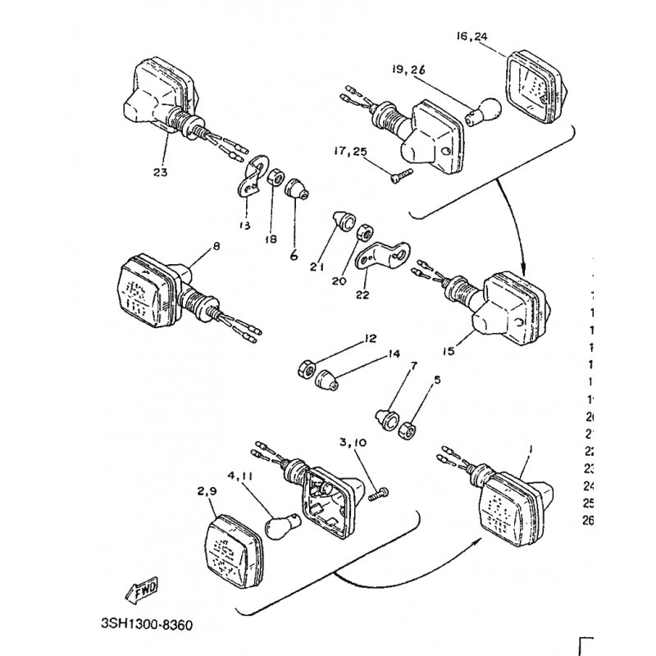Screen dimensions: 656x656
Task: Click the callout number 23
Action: pos(159,172)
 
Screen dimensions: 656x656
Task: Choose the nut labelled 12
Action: pos(304,369)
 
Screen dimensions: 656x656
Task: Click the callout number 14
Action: pos(394,354)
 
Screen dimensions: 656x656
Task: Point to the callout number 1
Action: pos(531,449)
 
